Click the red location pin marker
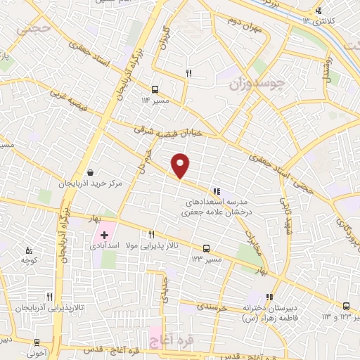[181, 165]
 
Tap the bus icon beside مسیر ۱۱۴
[155, 89]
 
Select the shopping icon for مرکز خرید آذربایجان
[90, 173]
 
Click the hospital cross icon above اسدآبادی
[105, 234]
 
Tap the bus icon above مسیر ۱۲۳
[206, 248]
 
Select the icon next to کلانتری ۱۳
[319, 10]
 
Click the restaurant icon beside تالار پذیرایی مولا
[150, 234]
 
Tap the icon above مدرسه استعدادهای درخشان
[217, 190]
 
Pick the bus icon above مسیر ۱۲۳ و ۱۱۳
[346, 306]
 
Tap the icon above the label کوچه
[29, 250]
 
